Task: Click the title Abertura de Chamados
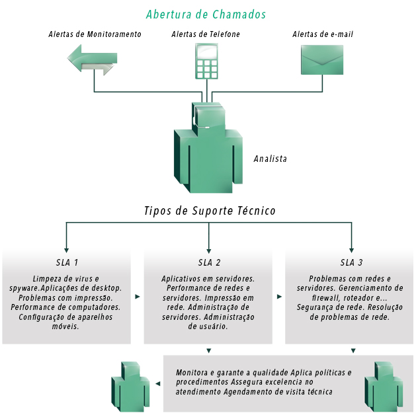click(206, 15)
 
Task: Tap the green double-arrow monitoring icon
click(93, 59)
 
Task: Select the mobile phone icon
click(206, 61)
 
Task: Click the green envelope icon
click(322, 59)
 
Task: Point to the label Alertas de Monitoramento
click(95, 34)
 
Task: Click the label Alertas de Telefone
click(206, 34)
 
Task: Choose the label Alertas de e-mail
click(323, 34)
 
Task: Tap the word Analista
click(270, 159)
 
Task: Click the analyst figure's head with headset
click(208, 118)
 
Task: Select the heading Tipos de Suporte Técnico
click(210, 211)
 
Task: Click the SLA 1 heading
click(67, 262)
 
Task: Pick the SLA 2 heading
click(209, 262)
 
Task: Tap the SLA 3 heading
click(351, 262)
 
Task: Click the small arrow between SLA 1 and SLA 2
click(138, 297)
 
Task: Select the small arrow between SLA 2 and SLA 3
click(279, 297)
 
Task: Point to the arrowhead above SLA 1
click(66, 250)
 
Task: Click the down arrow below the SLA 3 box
click(353, 350)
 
